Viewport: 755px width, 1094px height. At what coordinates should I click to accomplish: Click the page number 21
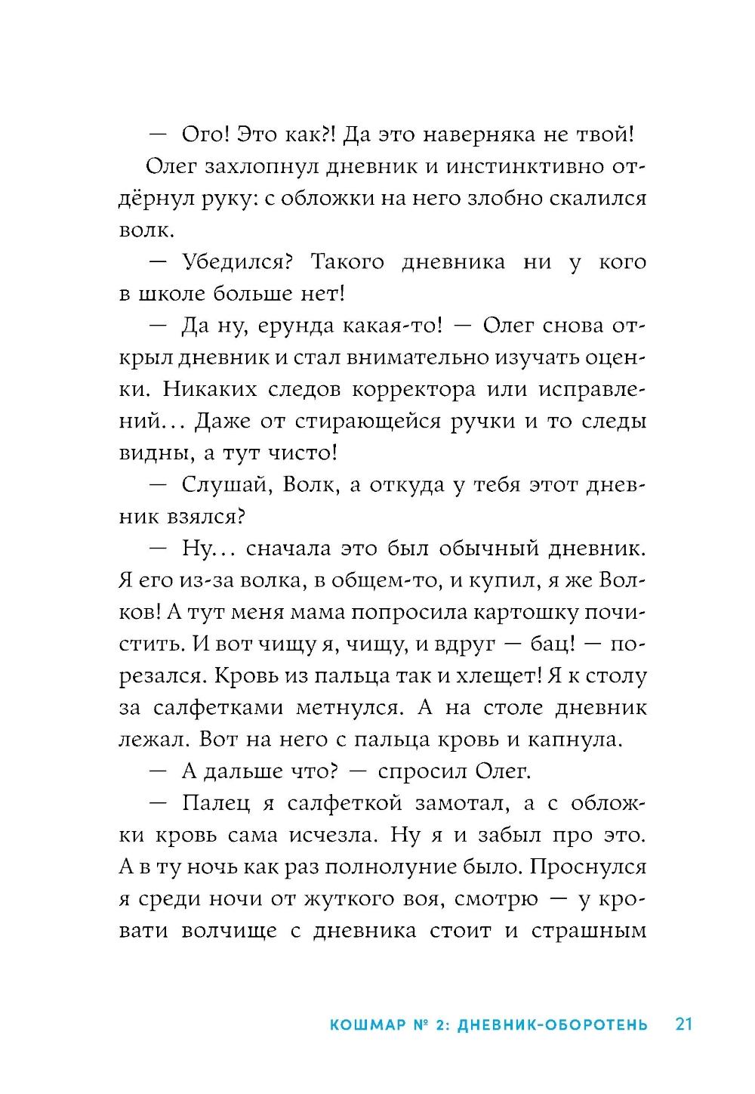click(x=683, y=1024)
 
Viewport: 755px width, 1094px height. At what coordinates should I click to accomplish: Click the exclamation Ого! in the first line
click(x=205, y=134)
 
